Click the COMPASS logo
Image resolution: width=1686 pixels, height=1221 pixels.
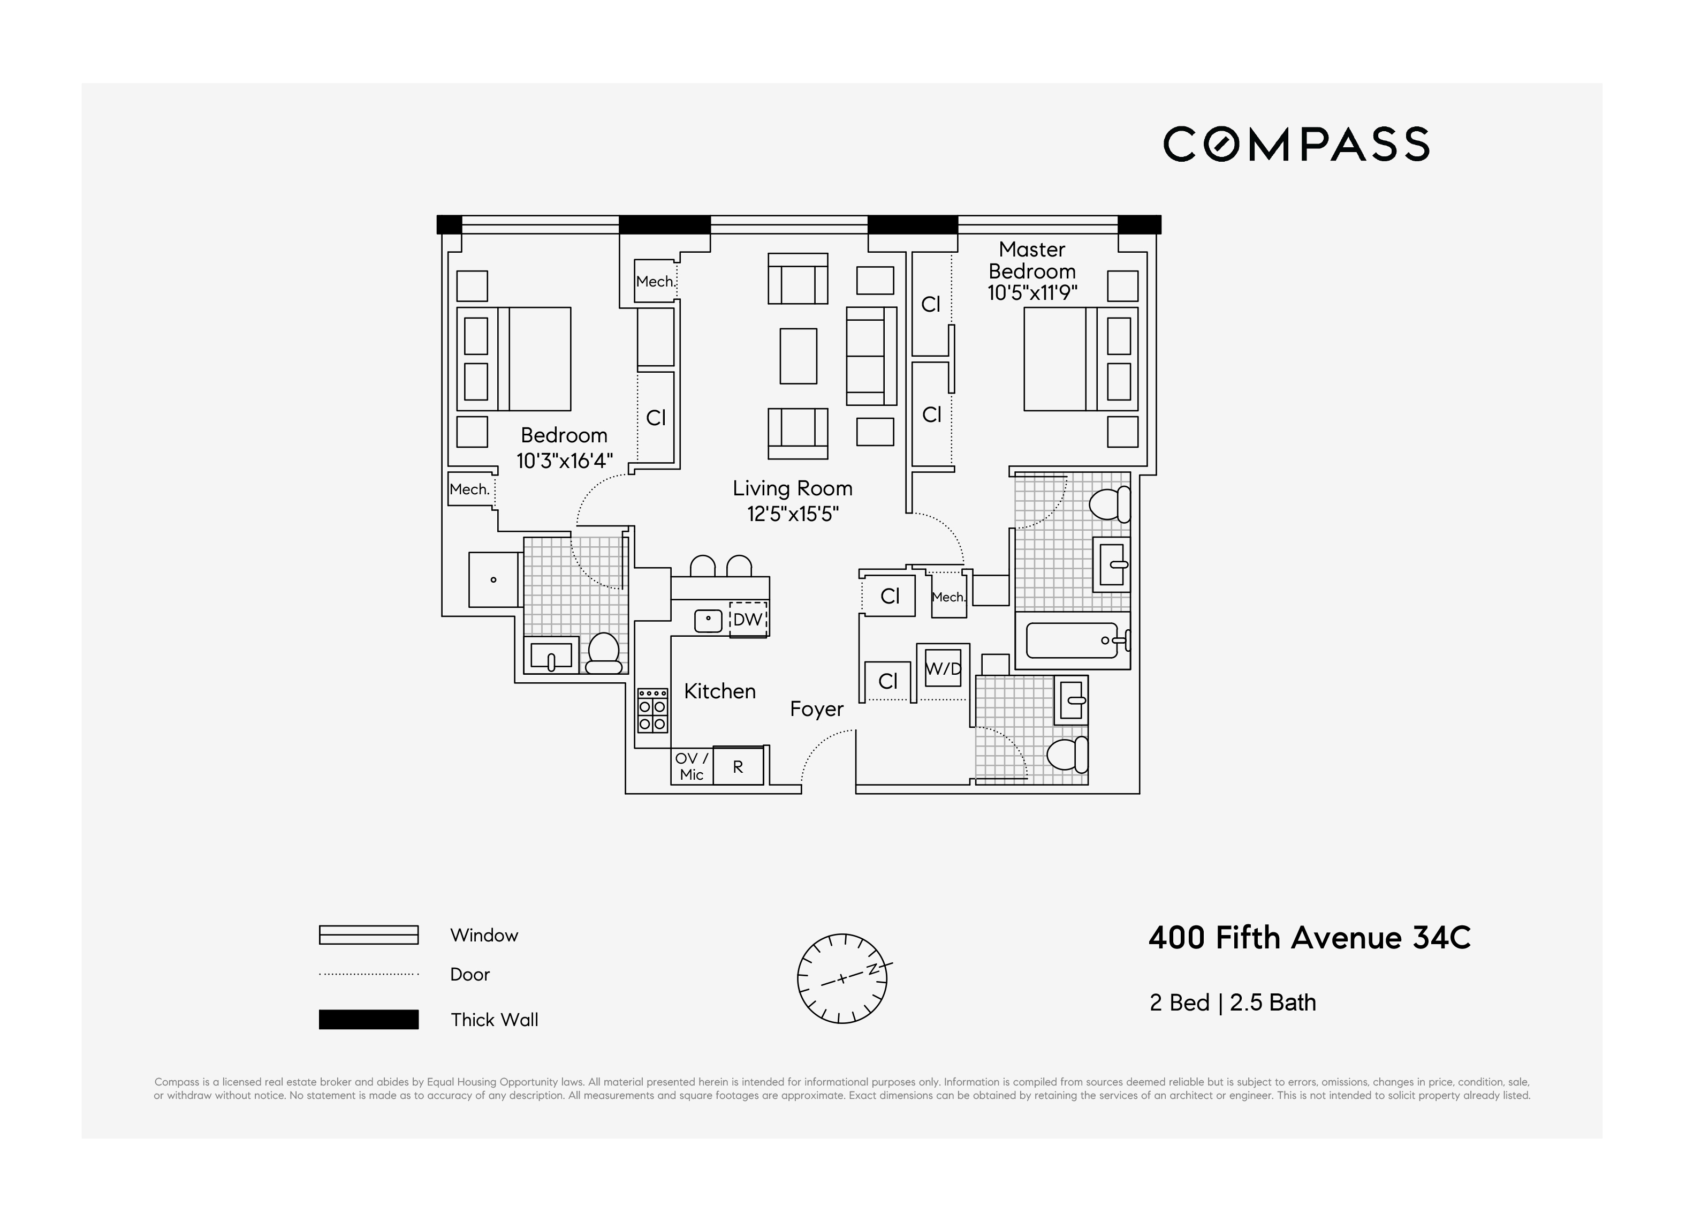1296,144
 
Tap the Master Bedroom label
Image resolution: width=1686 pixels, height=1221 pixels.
1032,260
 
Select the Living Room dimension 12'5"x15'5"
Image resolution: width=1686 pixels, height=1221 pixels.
793,514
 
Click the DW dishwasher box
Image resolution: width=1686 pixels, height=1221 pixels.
748,619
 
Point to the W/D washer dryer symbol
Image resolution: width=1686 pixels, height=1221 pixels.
943,668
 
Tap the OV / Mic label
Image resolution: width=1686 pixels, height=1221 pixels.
692,766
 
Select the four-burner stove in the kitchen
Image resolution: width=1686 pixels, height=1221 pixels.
652,710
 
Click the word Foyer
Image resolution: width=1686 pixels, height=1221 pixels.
816,709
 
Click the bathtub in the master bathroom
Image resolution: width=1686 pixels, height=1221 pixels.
1073,640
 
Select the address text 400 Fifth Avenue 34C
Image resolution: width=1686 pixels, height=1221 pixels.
1309,938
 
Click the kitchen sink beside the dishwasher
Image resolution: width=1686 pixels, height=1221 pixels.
708,620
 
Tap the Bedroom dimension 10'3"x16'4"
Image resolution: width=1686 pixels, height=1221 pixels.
564,461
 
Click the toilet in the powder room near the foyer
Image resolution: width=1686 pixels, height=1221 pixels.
1067,754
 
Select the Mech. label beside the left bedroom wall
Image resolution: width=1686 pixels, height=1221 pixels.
470,489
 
